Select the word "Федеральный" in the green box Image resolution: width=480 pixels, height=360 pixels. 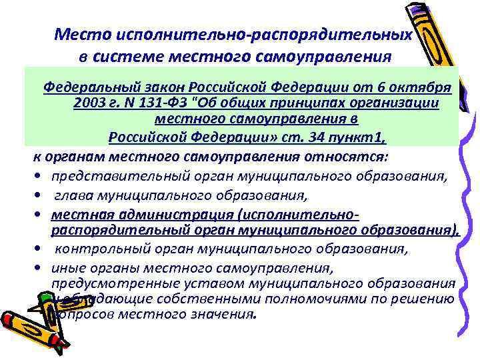pos(84,88)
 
